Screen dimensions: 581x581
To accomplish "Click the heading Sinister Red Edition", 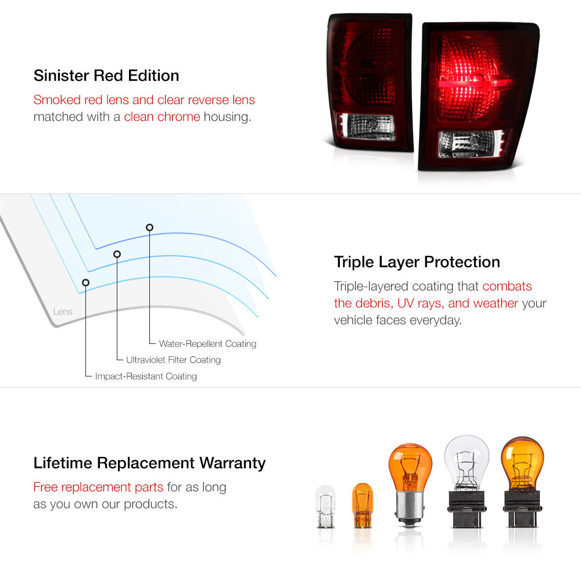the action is click(x=106, y=76).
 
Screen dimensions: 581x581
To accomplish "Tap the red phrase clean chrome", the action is click(x=162, y=117).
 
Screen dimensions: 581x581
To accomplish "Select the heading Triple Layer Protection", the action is click(x=417, y=262).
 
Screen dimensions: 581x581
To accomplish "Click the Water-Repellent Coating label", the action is click(x=207, y=343).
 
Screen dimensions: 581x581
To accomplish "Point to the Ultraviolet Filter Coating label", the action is click(x=173, y=360).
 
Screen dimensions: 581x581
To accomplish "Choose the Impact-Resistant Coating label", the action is click(x=146, y=376).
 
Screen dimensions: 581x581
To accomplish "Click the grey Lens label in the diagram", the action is click(x=63, y=311).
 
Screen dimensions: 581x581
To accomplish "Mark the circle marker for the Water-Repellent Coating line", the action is click(x=149, y=228).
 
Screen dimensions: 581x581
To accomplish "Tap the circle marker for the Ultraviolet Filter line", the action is click(x=117, y=254).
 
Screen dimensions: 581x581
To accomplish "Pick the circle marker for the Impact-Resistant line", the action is click(x=85, y=283).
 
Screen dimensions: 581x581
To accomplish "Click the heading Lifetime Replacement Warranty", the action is click(x=149, y=463).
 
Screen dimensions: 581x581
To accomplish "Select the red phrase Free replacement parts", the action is click(x=98, y=487).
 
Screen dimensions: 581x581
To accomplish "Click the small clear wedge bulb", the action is click(x=326, y=507).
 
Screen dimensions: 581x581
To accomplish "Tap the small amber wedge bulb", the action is click(x=362, y=505).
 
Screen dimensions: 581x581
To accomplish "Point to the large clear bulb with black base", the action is click(x=467, y=482).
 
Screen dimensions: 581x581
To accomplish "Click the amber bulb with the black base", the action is click(x=522, y=482).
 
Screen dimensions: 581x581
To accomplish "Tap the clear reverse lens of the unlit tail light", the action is click(x=366, y=127).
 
